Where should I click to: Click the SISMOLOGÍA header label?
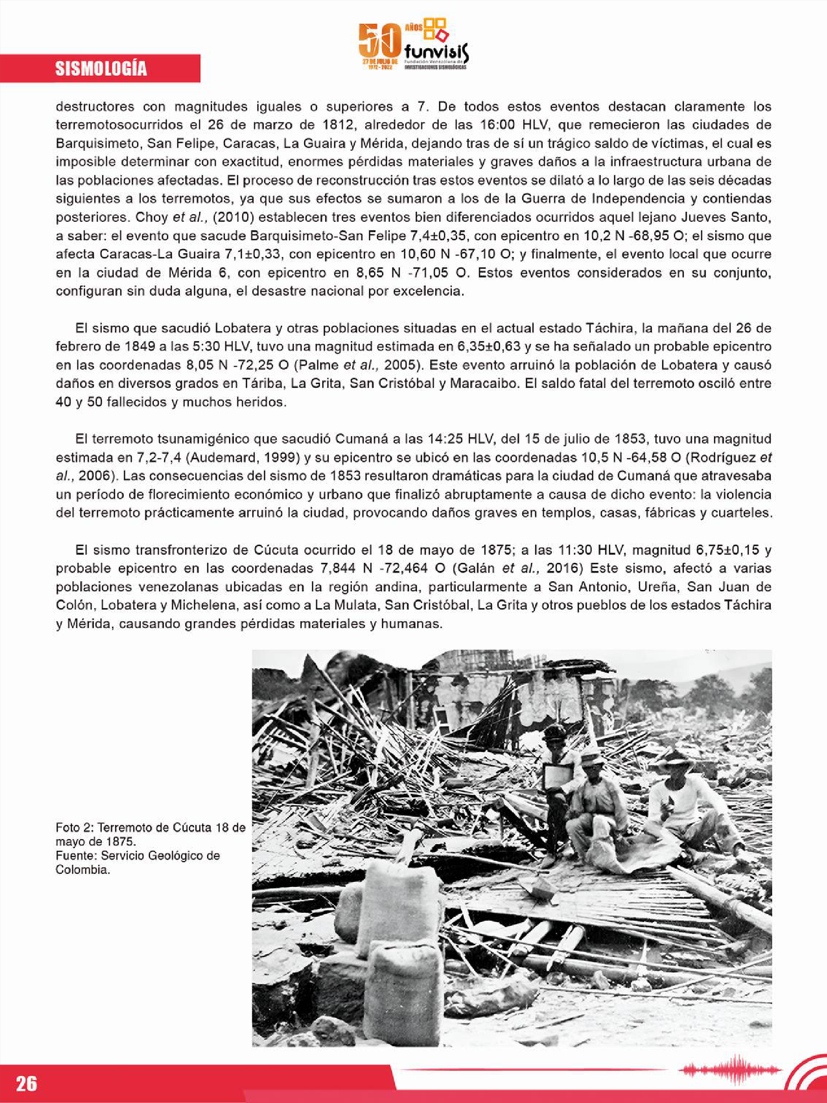click(101, 69)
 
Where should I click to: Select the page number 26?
click(27, 1083)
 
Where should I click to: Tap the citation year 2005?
click(398, 365)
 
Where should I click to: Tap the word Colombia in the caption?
click(82, 870)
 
